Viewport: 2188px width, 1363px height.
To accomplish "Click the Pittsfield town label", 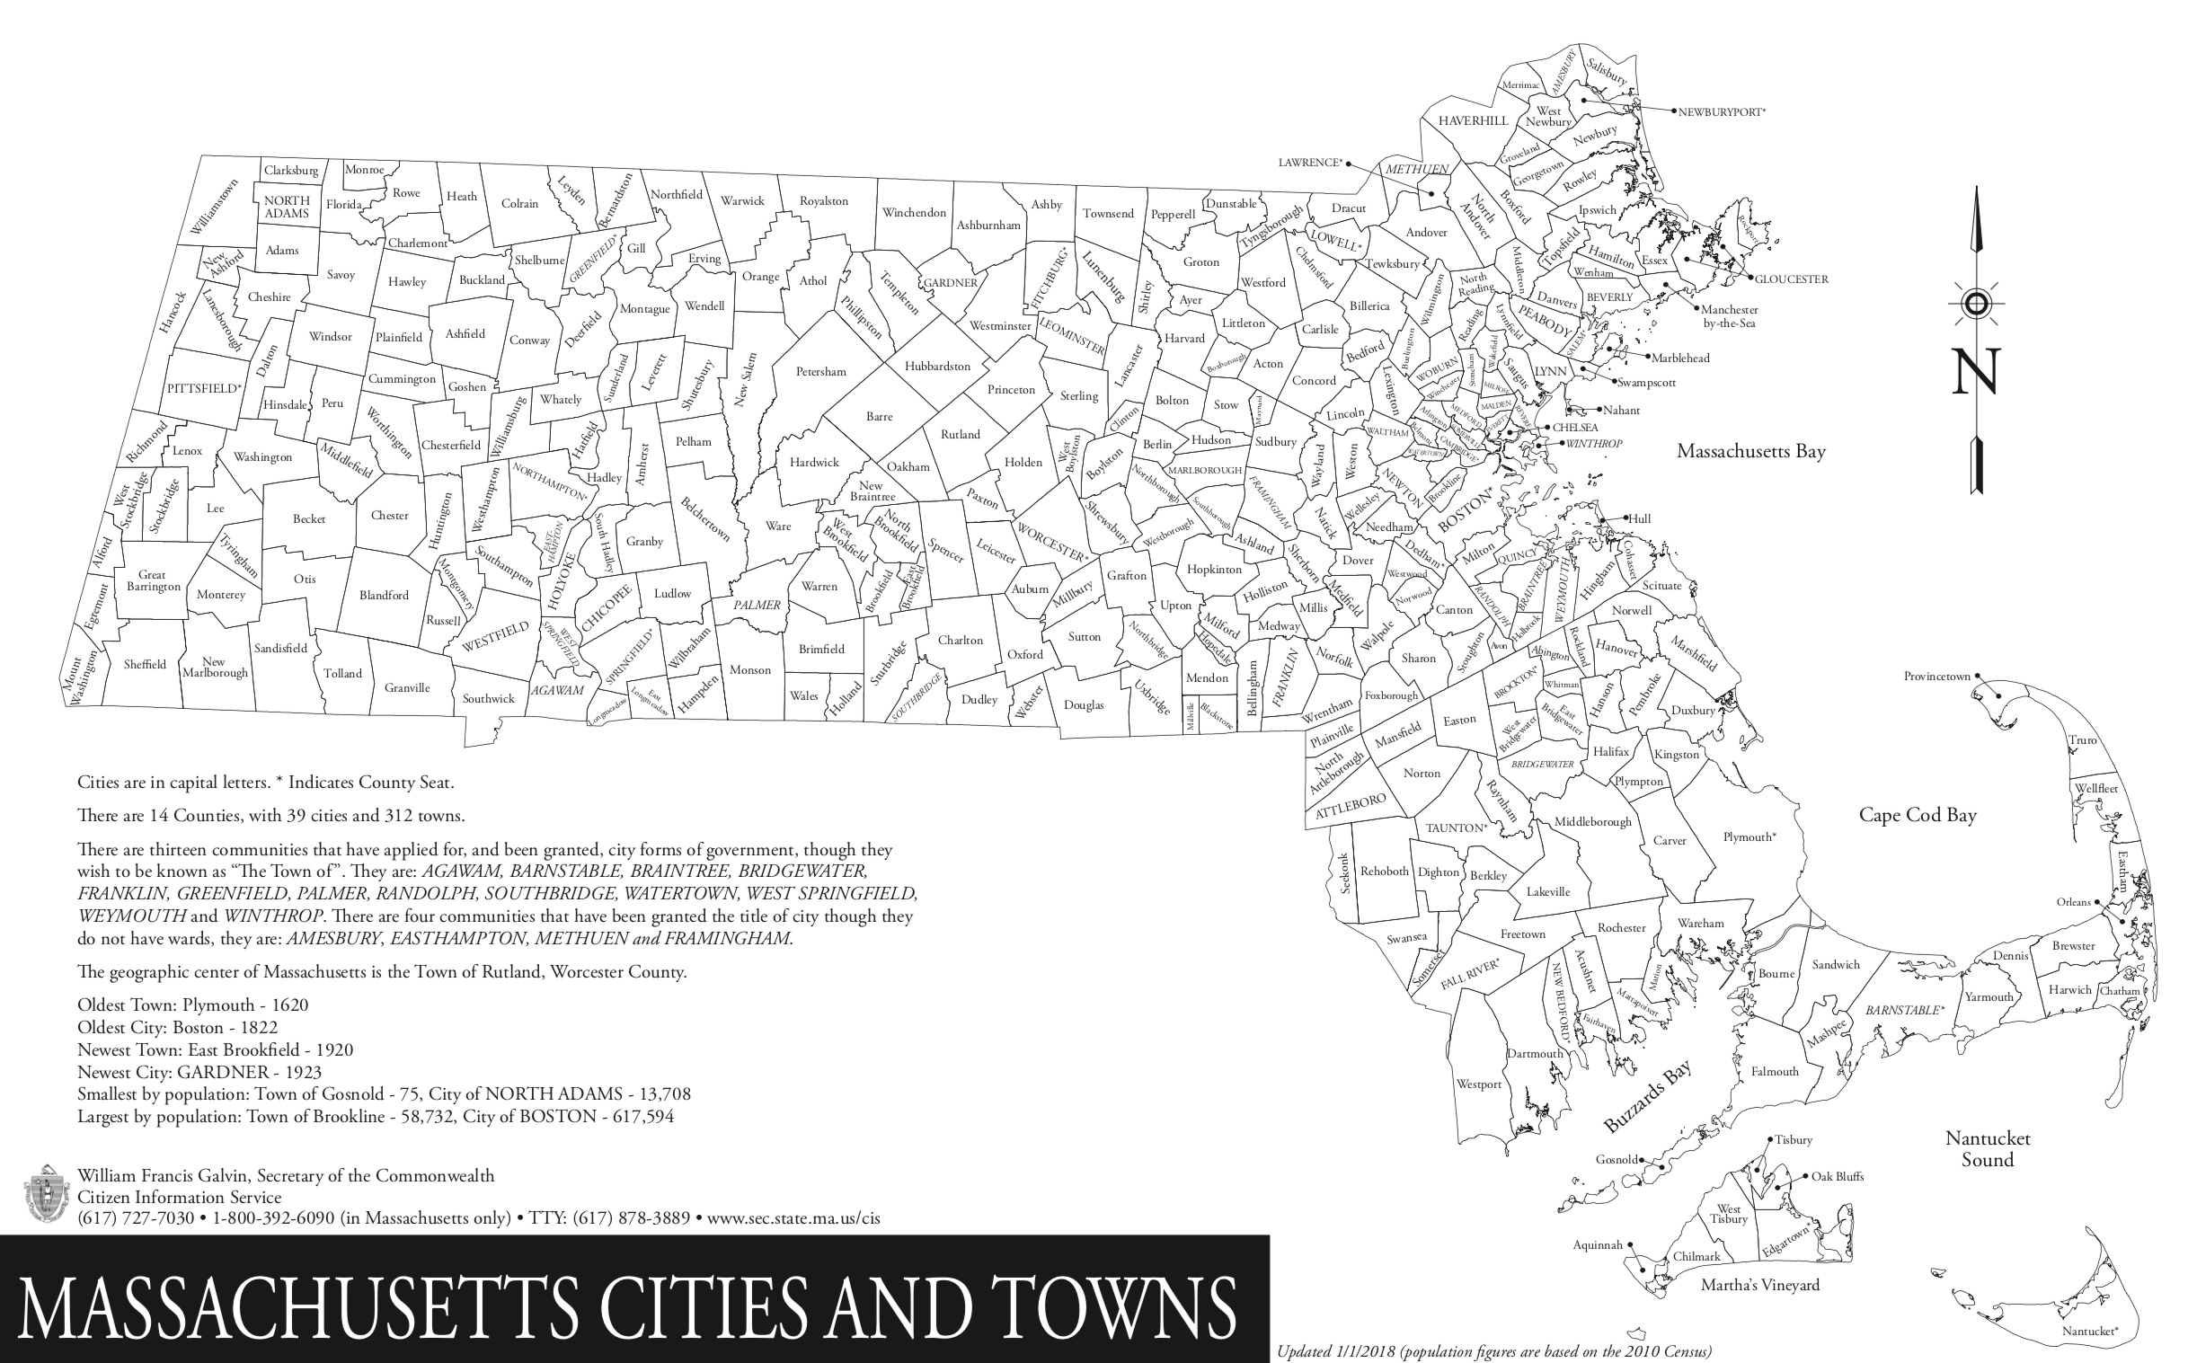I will click(204, 388).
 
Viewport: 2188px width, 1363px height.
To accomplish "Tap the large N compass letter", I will click(1975, 372).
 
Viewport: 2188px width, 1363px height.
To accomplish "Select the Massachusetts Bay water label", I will click(1750, 452).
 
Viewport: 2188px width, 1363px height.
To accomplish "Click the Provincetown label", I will click(1936, 676).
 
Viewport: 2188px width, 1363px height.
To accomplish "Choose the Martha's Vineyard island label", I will click(1759, 1286).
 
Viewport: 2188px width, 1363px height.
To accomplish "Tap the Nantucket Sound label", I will click(1987, 1149).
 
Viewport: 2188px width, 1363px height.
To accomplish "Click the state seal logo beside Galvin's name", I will click(43, 1193).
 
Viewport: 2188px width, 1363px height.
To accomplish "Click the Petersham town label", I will click(820, 371).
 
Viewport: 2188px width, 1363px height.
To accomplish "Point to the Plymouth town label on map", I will click(1749, 837).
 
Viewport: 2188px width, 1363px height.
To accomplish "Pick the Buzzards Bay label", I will click(1646, 1097).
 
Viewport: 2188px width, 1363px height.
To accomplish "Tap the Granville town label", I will click(406, 688).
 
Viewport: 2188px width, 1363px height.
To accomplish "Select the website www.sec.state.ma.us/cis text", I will click(793, 1218).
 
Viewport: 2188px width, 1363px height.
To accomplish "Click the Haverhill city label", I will click(1472, 120).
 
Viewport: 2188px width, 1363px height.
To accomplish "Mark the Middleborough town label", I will click(1592, 822).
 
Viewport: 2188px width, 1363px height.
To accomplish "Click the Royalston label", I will click(823, 201).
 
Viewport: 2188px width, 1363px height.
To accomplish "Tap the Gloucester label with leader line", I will click(1791, 279).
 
